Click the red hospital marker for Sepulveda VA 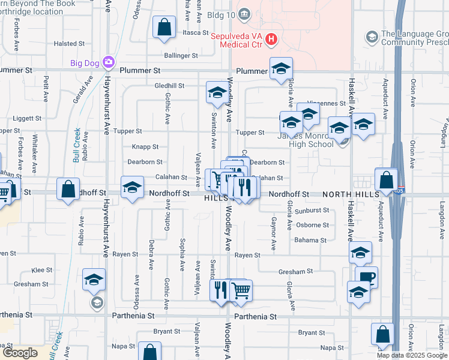click(x=271, y=40)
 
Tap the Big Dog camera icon click(x=108, y=61)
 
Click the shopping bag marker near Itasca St click(x=164, y=28)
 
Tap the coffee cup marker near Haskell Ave click(x=366, y=277)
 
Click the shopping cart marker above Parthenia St click(x=241, y=291)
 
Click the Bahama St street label click(x=310, y=240)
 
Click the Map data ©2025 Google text click(x=412, y=355)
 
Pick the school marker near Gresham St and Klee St click(x=94, y=279)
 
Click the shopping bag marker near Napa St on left click(x=149, y=352)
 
